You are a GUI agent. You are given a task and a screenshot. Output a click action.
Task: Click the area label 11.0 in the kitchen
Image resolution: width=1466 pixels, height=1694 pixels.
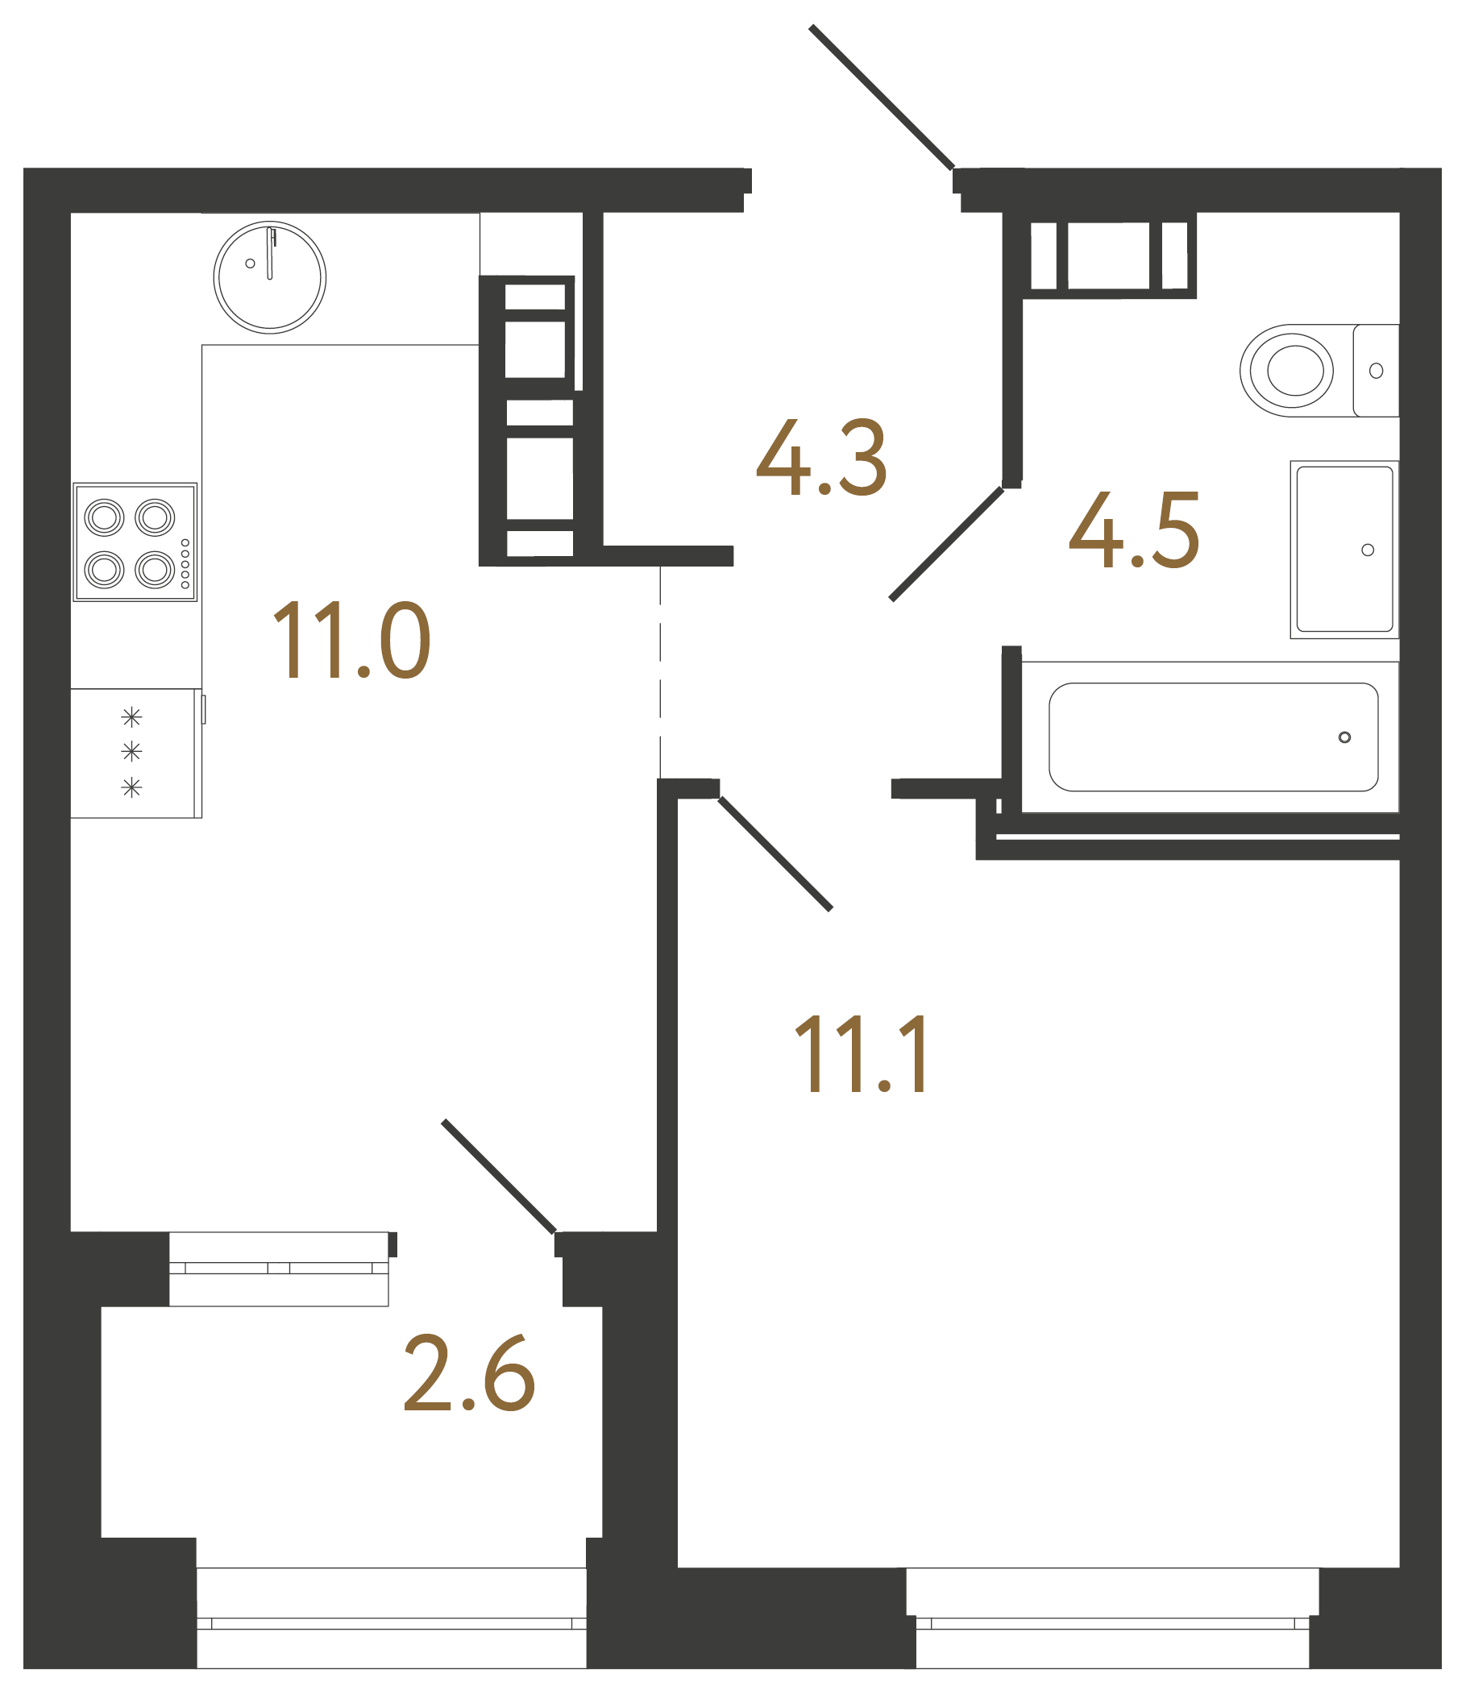(x=351, y=640)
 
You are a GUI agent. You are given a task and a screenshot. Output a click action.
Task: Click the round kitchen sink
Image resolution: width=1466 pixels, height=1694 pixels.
(x=269, y=277)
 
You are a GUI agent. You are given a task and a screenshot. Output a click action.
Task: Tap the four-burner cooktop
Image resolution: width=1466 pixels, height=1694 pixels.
(x=135, y=542)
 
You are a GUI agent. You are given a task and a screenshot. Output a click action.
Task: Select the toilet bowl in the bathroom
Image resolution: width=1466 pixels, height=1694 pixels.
(x=1289, y=370)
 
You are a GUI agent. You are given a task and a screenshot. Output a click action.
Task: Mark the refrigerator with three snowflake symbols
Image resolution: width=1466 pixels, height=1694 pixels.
(x=133, y=753)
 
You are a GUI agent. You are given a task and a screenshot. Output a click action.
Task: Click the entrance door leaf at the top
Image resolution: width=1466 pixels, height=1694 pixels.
(x=881, y=97)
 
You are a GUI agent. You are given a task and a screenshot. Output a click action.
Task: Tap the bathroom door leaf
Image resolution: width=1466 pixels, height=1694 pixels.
(x=946, y=544)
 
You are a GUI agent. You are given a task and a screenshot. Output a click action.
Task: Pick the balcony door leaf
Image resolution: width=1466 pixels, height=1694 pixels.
(x=499, y=1177)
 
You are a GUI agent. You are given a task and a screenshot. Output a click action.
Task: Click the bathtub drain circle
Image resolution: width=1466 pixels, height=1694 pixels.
(x=1344, y=737)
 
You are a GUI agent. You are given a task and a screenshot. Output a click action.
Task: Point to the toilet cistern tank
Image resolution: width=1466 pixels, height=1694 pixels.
(x=1376, y=371)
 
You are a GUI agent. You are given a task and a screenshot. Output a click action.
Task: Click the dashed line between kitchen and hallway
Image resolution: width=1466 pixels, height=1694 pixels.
(x=660, y=671)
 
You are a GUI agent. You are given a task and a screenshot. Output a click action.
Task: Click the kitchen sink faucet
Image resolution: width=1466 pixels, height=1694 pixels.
(x=270, y=254)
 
